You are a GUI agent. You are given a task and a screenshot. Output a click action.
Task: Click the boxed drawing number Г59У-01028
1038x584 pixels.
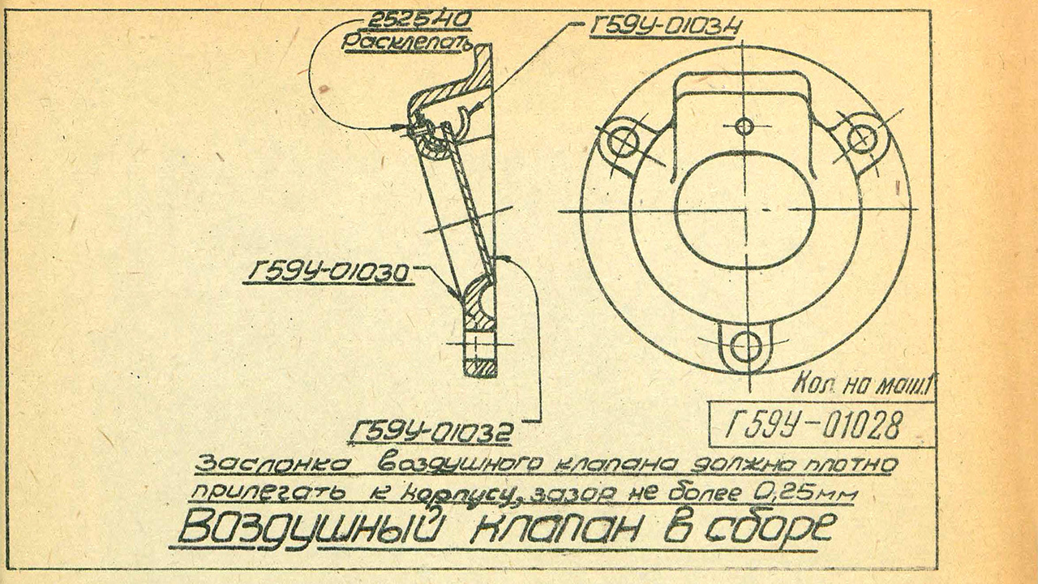tap(815, 423)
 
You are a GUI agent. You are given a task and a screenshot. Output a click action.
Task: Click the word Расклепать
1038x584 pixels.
tap(409, 42)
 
